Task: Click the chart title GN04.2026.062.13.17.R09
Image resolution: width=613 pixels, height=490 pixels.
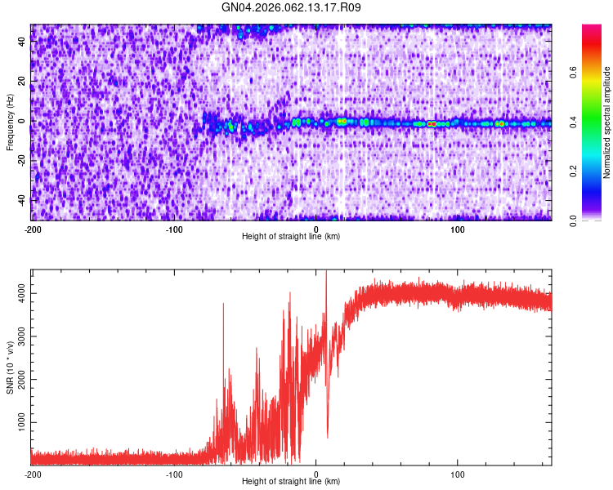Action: point(291,8)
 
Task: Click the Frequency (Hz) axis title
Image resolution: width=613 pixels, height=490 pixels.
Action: point(10,122)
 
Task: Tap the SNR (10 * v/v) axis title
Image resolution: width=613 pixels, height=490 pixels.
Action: point(10,367)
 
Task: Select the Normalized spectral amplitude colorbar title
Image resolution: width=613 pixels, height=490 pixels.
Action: point(607,122)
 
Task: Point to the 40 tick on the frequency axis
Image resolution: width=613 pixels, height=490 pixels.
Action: point(22,43)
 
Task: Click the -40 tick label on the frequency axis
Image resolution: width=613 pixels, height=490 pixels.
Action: point(20,199)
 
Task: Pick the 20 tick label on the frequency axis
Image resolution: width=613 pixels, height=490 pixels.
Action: point(22,82)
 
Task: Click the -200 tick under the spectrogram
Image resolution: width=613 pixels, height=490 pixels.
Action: point(33,229)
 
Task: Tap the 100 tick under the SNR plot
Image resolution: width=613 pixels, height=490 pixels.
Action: point(458,474)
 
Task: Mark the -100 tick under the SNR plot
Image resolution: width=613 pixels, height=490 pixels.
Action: point(174,474)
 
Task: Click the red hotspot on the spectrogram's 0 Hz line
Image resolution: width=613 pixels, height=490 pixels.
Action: point(431,123)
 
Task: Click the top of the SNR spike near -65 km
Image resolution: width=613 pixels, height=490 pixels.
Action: point(223,304)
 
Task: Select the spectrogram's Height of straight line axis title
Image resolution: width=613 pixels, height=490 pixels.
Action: point(291,237)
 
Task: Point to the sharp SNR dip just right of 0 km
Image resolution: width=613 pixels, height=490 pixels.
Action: point(328,437)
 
